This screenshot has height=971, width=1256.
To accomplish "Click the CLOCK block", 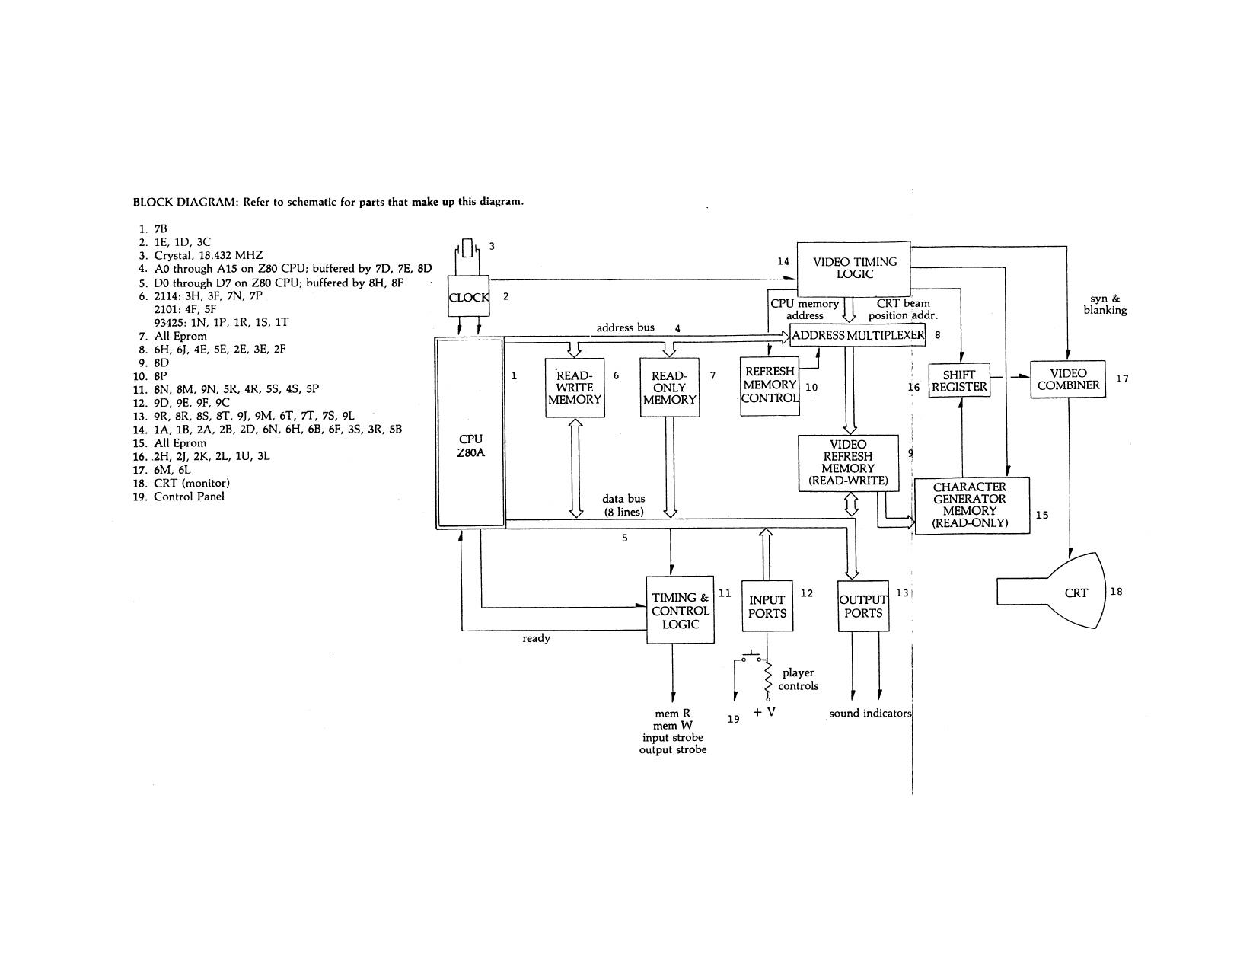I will click(x=468, y=297).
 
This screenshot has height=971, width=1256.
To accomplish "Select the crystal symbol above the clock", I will click(x=468, y=249).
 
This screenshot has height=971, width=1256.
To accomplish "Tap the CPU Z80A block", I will click(x=470, y=433).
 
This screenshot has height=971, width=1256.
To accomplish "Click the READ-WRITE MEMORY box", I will click(x=575, y=388).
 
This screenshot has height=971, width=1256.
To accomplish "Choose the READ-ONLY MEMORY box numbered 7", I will click(x=669, y=388).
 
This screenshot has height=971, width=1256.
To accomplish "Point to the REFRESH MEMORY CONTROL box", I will click(x=770, y=386).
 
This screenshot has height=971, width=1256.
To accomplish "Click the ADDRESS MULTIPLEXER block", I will click(x=857, y=335).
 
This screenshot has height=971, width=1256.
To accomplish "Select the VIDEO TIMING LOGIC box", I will click(x=853, y=269).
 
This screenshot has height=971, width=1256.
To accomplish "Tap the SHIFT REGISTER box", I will click(x=959, y=381).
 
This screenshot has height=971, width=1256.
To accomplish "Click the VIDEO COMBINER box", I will click(x=1068, y=379).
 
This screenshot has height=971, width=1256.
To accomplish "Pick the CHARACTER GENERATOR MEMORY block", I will click(x=971, y=505).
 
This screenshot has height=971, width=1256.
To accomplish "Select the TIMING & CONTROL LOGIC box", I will click(x=680, y=610).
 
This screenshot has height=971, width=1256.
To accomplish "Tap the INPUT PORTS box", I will click(x=767, y=606).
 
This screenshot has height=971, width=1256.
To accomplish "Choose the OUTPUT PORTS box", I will click(x=863, y=606).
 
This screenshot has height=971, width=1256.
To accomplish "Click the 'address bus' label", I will click(x=625, y=327).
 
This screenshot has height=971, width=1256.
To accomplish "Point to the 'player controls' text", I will click(x=798, y=679).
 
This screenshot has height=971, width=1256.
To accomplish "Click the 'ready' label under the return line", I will click(x=536, y=638).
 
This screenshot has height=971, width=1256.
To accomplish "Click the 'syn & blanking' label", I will click(x=1105, y=305).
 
